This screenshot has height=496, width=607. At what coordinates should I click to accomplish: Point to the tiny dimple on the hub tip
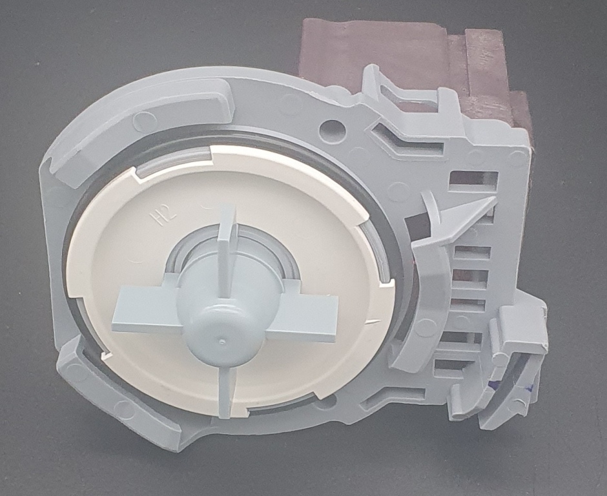point(221,342)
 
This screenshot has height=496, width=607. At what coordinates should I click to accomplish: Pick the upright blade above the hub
point(227,248)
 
